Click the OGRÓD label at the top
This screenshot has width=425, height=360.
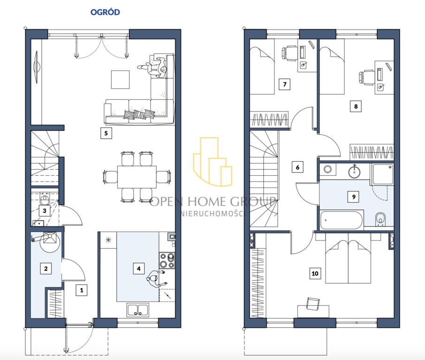(x=105, y=12)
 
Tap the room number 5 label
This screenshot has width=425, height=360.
(x=106, y=133)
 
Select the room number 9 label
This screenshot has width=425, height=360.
(x=354, y=197)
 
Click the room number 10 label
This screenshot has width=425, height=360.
(x=315, y=274)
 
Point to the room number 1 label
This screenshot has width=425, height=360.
(x=82, y=290)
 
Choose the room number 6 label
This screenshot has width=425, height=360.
(x=297, y=167)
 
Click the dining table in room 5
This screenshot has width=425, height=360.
(x=137, y=177)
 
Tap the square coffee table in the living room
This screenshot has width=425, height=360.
(x=121, y=79)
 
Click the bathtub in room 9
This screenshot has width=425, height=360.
(x=341, y=220)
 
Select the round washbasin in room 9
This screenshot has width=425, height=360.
(x=354, y=172)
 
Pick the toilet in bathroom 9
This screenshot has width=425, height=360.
(x=380, y=219)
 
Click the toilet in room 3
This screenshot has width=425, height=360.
(x=44, y=199)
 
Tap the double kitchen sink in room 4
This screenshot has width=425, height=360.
(x=138, y=310)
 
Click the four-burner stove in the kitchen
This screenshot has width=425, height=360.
(x=167, y=261)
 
